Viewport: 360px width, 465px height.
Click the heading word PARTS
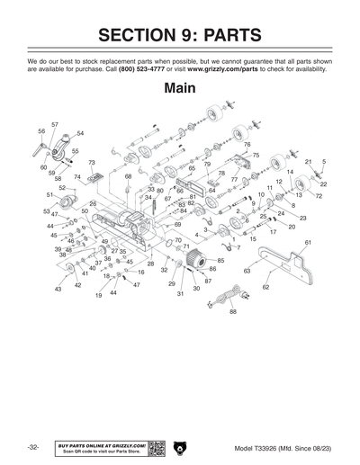222,35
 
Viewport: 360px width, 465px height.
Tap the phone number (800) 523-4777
143,69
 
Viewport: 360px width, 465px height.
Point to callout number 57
55,123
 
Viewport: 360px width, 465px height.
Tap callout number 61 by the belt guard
308,243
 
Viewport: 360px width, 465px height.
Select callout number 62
265,287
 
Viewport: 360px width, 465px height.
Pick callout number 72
319,195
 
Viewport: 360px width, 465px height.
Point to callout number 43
58,290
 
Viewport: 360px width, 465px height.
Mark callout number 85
220,260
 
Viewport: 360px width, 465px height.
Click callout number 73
91,163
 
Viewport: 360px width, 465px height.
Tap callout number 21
308,162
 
